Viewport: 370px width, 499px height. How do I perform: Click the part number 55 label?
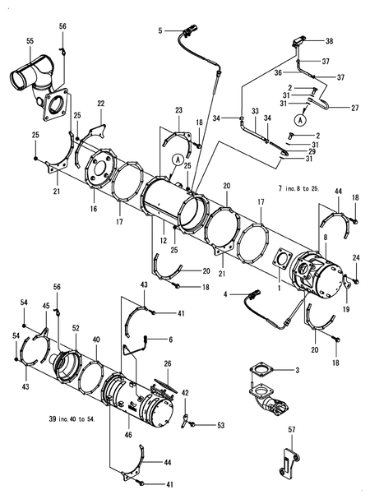[30, 41]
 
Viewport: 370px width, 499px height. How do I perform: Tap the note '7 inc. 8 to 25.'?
[298, 188]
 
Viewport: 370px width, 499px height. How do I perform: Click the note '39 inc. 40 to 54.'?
[72, 419]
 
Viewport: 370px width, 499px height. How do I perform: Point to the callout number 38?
[329, 41]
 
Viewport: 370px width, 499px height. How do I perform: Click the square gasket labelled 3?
[261, 371]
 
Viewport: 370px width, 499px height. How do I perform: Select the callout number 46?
[128, 435]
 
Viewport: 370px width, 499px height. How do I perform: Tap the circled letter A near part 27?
[299, 120]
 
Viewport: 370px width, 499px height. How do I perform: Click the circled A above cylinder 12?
[178, 159]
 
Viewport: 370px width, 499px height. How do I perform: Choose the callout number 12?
[164, 241]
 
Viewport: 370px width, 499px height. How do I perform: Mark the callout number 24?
[356, 258]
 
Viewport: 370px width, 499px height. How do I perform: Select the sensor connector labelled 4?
[255, 294]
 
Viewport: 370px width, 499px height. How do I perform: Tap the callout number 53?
[221, 425]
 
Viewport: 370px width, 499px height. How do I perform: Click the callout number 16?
[94, 209]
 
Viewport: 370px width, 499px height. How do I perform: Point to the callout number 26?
[168, 363]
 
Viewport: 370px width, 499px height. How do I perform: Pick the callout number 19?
[346, 309]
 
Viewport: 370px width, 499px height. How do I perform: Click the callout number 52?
[76, 328]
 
